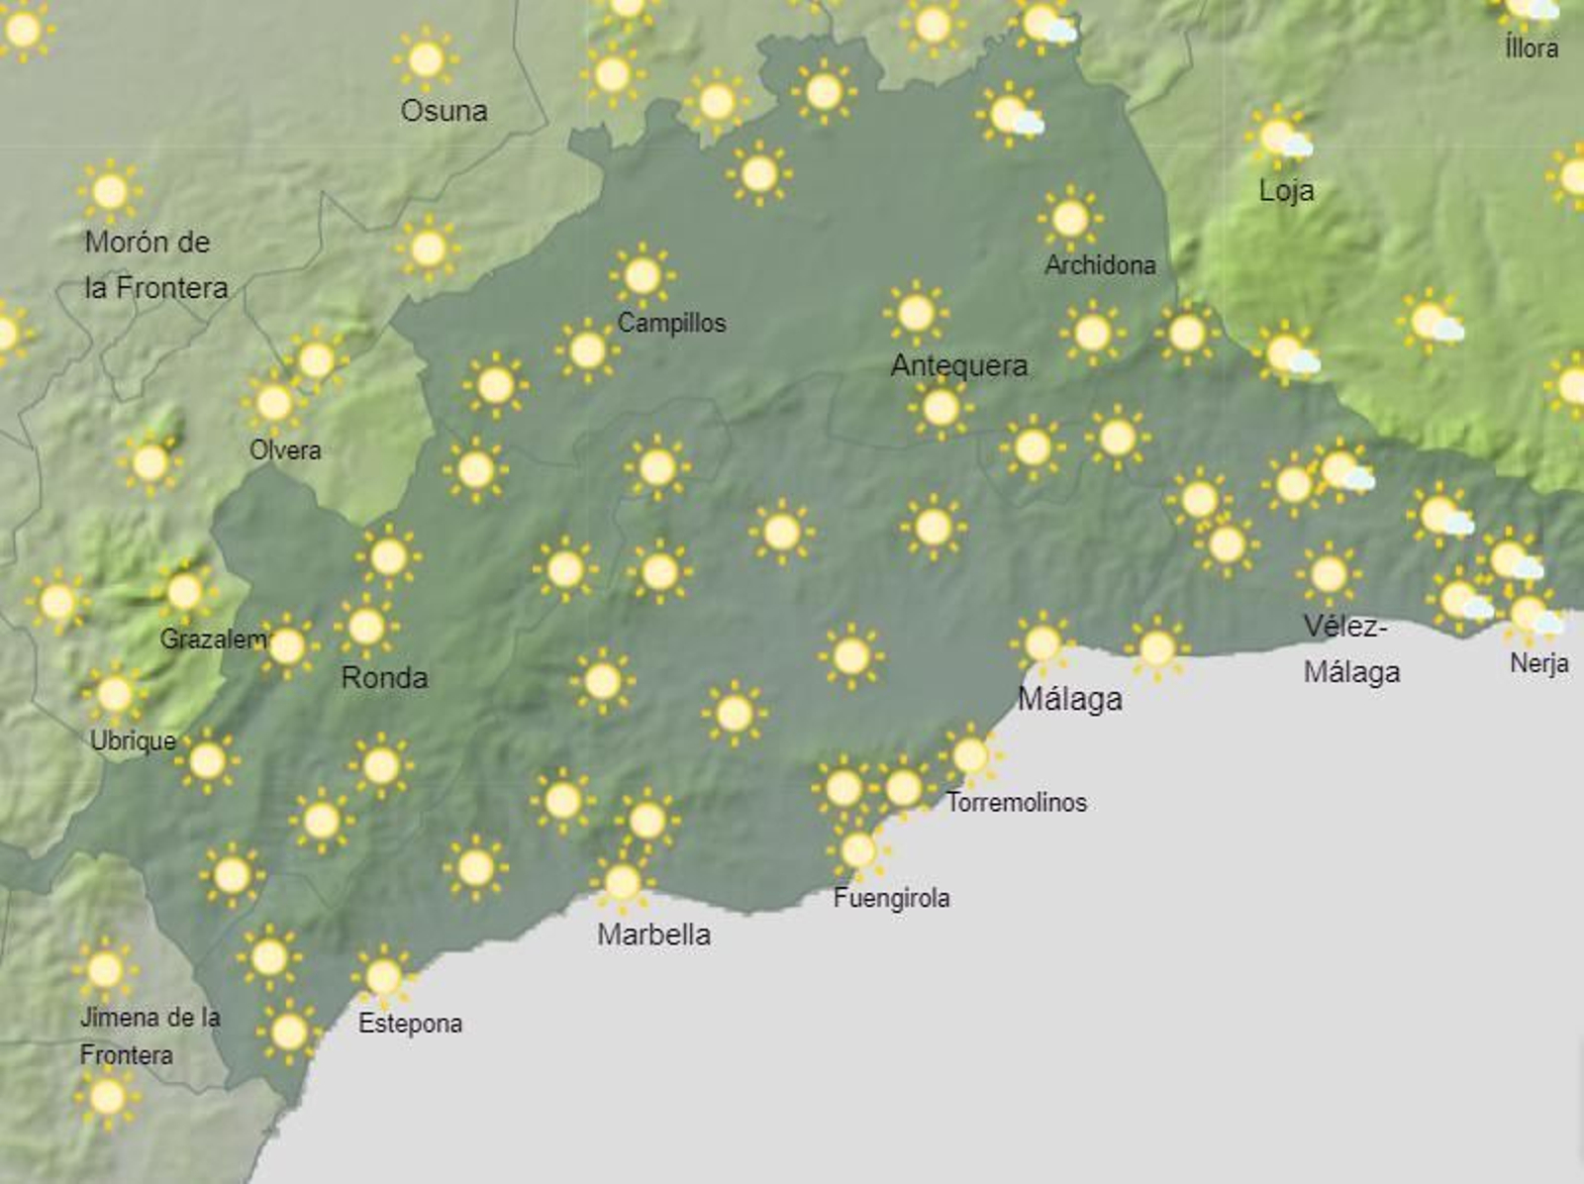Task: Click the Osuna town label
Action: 444,111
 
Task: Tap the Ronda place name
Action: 384,678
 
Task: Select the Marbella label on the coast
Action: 653,935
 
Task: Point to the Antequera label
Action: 958,366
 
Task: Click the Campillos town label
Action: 671,323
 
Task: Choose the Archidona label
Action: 1100,265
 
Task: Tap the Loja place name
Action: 1286,190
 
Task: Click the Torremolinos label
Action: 1016,802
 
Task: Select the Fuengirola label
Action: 891,899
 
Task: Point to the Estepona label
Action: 410,1024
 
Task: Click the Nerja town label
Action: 1538,663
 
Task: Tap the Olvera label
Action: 285,450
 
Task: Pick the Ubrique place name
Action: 133,740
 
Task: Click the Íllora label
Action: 1531,48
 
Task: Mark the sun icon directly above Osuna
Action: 426,59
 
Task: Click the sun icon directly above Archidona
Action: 1070,218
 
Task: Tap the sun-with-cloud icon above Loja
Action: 1281,138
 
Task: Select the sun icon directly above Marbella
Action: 622,881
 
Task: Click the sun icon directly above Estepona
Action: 383,977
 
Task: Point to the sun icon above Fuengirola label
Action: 857,849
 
